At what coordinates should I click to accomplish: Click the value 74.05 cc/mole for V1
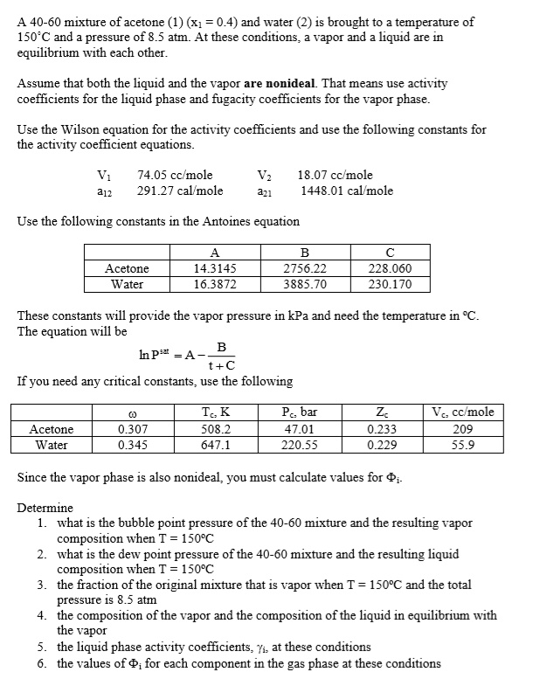tap(175, 175)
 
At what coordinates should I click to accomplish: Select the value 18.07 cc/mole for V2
tap(335, 175)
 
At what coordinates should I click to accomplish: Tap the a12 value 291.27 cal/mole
tap(180, 191)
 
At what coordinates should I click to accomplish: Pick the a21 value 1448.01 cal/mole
tap(346, 191)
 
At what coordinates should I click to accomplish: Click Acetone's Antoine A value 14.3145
tap(214, 269)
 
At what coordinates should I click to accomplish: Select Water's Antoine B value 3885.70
tap(306, 284)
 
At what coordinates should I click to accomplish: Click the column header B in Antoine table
tap(306, 253)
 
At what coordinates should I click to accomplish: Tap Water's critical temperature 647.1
tap(217, 445)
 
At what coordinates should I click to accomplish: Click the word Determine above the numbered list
tap(45, 508)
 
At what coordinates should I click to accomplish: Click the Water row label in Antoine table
tap(127, 284)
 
